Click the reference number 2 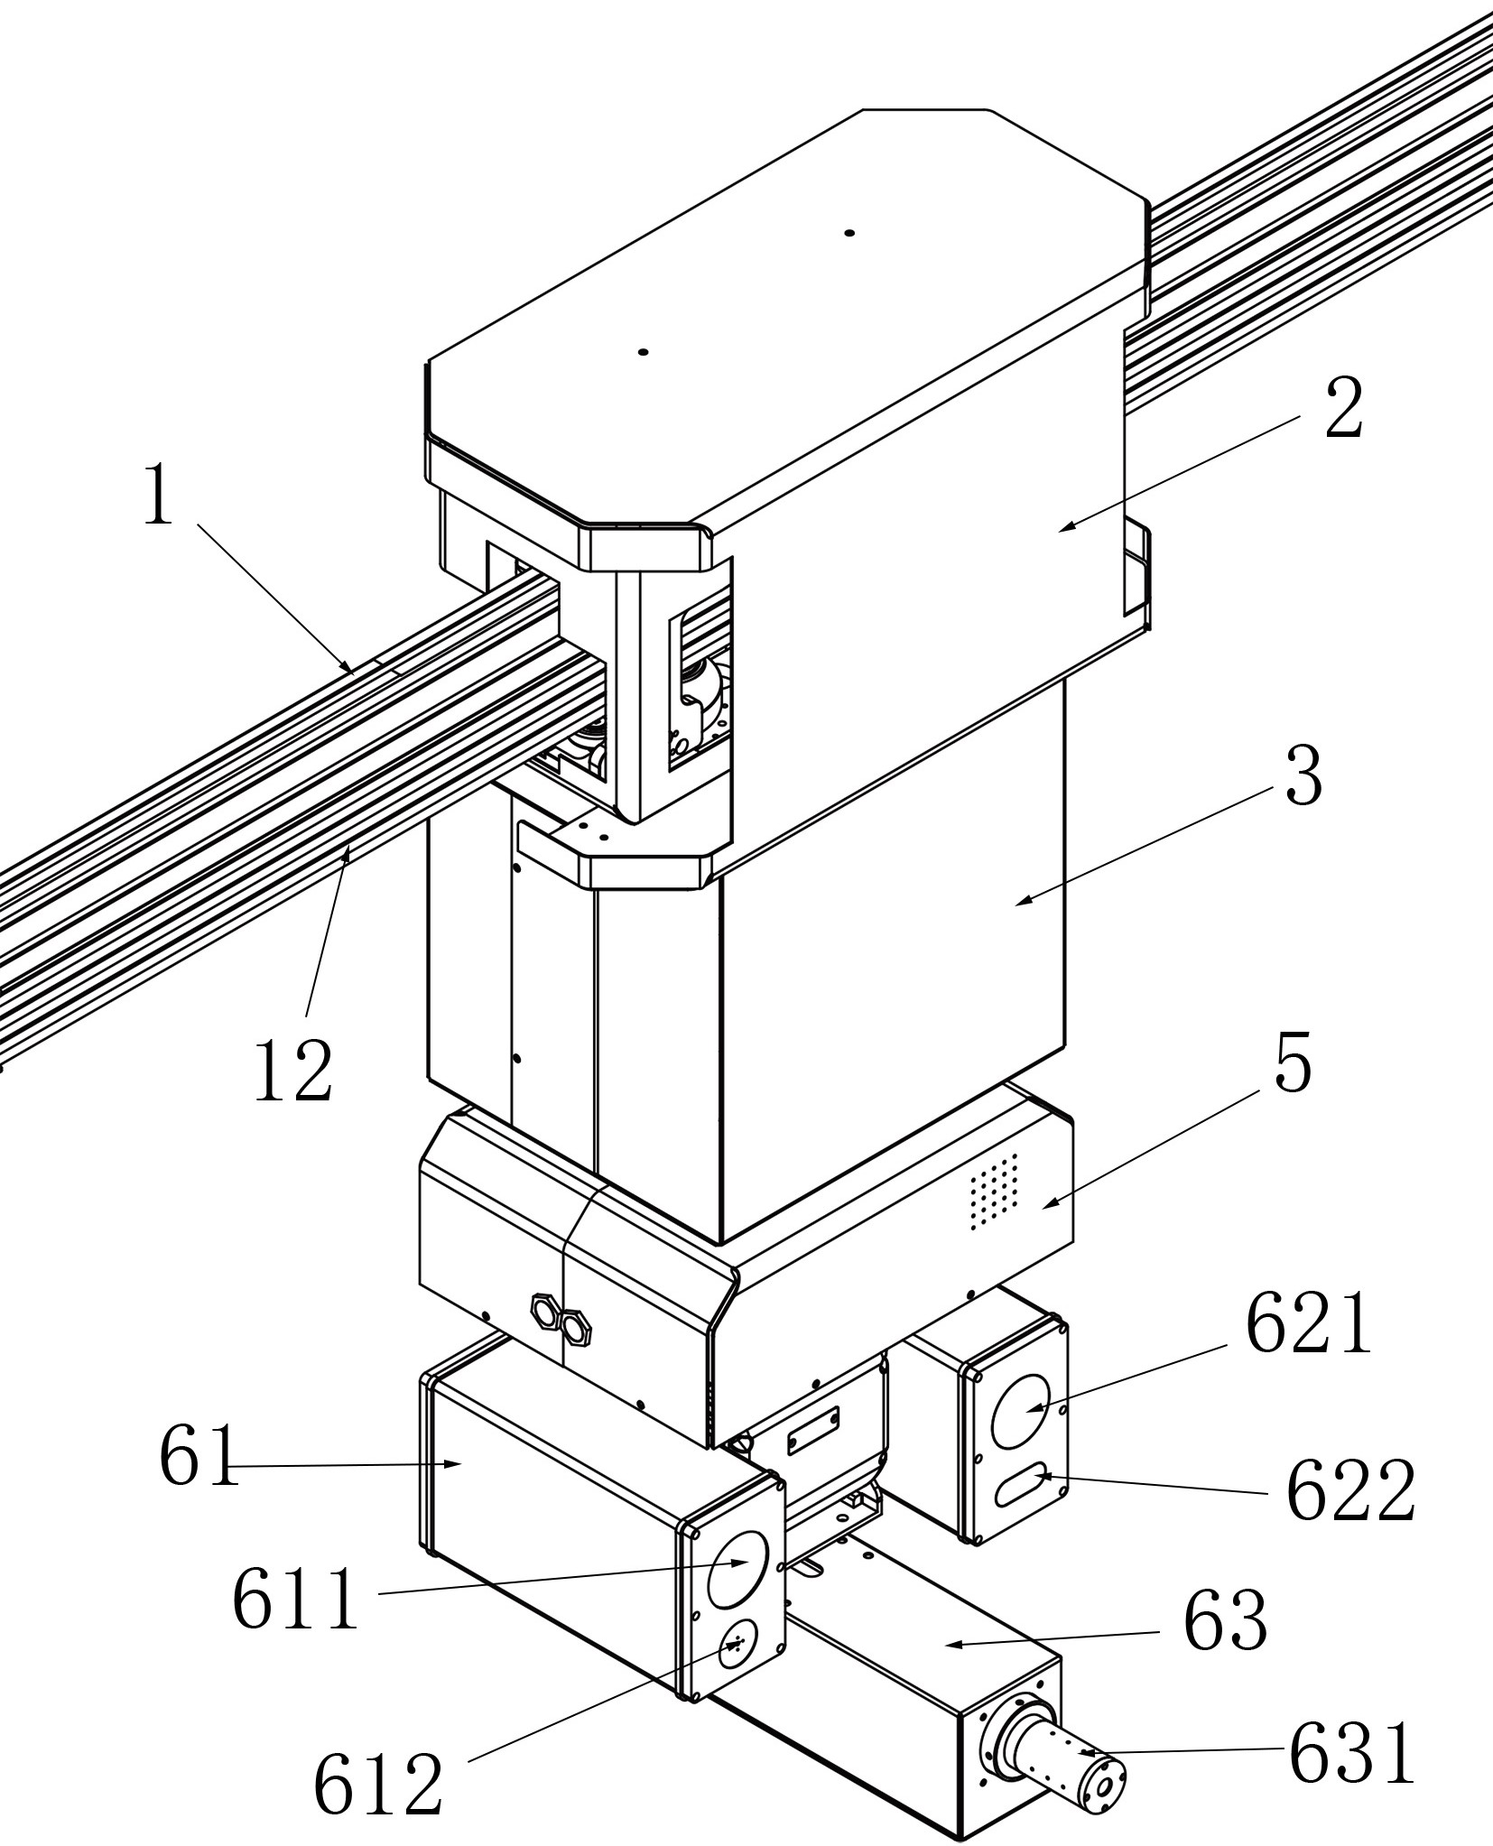(1343, 408)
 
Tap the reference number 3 (1303, 776)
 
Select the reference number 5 (1293, 1065)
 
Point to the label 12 (293, 1071)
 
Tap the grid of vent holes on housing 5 (994, 1191)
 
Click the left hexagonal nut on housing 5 (545, 1305)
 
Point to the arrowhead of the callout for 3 (1017, 902)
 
